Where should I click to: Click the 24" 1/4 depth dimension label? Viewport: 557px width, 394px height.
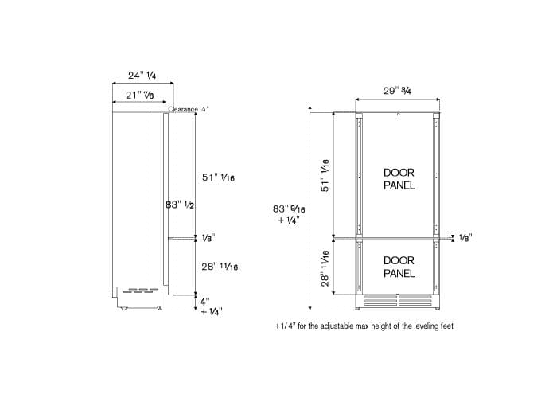[x=142, y=76]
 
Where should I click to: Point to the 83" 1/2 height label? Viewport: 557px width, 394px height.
[x=180, y=205]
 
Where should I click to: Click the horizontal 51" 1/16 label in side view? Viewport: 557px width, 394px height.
[x=217, y=178]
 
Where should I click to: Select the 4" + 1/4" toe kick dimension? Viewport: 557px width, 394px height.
[x=210, y=306]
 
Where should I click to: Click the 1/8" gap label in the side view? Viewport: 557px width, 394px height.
[x=208, y=237]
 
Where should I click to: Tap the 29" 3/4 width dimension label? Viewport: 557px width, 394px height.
[x=401, y=91]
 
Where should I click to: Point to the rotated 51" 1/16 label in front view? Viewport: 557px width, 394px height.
[x=325, y=173]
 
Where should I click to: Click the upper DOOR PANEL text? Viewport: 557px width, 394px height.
[x=399, y=178]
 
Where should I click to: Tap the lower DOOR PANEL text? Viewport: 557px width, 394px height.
[x=399, y=267]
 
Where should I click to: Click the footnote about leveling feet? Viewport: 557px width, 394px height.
[x=364, y=326]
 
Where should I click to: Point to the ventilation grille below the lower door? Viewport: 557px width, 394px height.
[x=397, y=302]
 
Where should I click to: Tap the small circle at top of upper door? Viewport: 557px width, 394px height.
[x=397, y=115]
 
